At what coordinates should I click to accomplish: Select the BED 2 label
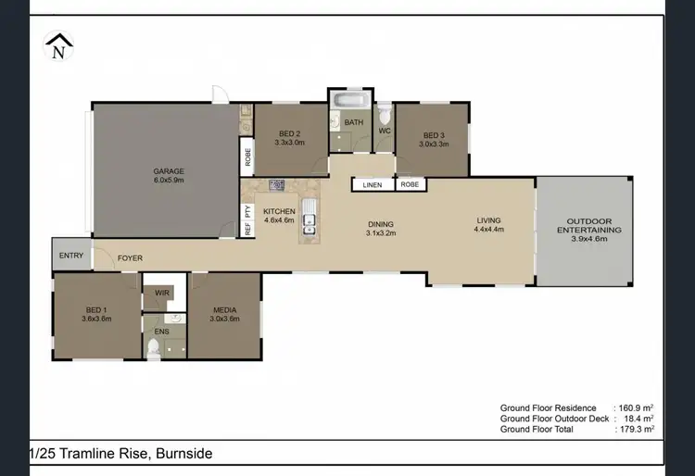pyautogui.click(x=290, y=138)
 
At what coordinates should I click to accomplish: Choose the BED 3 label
pyautogui.click(x=434, y=139)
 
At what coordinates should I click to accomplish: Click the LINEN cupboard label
pyautogui.click(x=372, y=185)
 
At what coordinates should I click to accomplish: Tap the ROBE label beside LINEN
pyautogui.click(x=410, y=185)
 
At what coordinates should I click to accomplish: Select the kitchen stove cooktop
pyautogui.click(x=275, y=185)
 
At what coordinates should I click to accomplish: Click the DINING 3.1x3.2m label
pyautogui.click(x=380, y=229)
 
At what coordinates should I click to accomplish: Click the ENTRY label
pyautogui.click(x=71, y=256)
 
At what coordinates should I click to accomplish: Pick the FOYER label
pyautogui.click(x=130, y=258)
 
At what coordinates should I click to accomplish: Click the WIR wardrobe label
pyautogui.click(x=162, y=293)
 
